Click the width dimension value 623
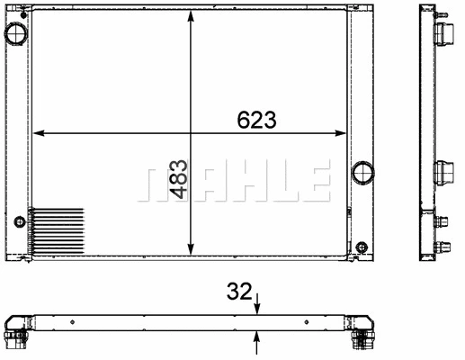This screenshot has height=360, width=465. pyautogui.click(x=256, y=120)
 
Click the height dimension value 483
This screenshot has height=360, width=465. pyautogui.click(x=178, y=179)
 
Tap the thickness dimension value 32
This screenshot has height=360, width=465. pyautogui.click(x=239, y=291)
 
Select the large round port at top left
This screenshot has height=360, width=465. pyautogui.click(x=16, y=33)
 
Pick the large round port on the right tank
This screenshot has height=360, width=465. pyautogui.click(x=363, y=173)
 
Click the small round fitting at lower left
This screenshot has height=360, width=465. pyautogui.click(x=20, y=221)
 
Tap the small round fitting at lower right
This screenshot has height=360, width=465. pyautogui.click(x=362, y=247)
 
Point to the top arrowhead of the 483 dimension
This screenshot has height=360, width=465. pyautogui.click(x=191, y=15)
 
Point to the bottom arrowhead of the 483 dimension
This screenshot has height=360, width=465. pyautogui.click(x=191, y=249)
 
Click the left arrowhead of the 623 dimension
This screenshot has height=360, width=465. pyautogui.click(x=39, y=133)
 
